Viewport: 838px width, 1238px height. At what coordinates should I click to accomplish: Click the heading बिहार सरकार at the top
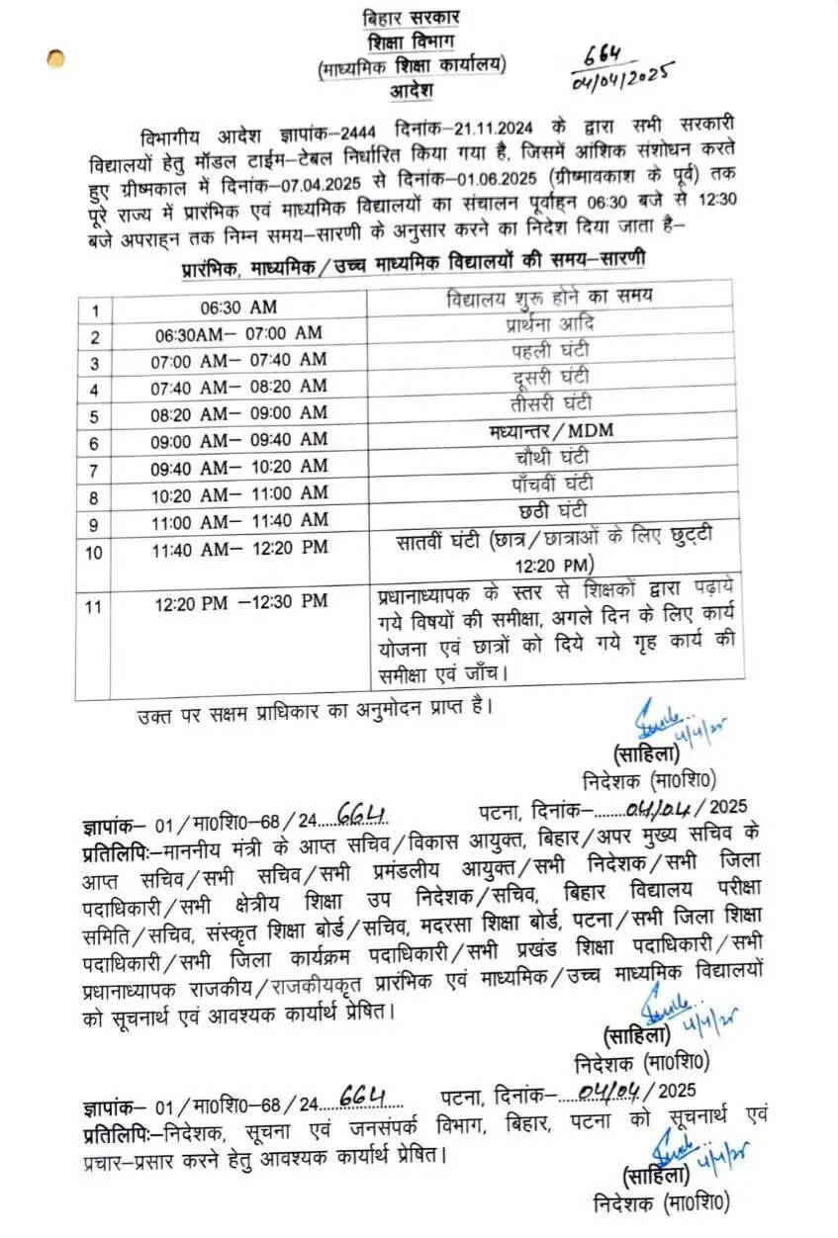point(412,20)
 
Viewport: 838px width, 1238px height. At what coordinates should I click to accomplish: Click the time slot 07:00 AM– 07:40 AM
point(238,362)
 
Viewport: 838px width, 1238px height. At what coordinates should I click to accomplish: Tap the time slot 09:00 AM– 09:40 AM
point(238,439)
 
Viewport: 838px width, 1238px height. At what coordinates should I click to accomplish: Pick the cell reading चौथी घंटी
point(551,459)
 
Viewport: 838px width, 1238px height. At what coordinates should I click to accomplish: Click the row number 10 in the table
point(93,553)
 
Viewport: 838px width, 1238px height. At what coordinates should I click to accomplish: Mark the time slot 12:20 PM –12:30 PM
point(240,601)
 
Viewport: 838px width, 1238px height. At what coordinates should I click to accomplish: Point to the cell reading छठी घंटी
point(551,511)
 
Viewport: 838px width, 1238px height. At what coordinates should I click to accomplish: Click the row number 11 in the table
point(93,605)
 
